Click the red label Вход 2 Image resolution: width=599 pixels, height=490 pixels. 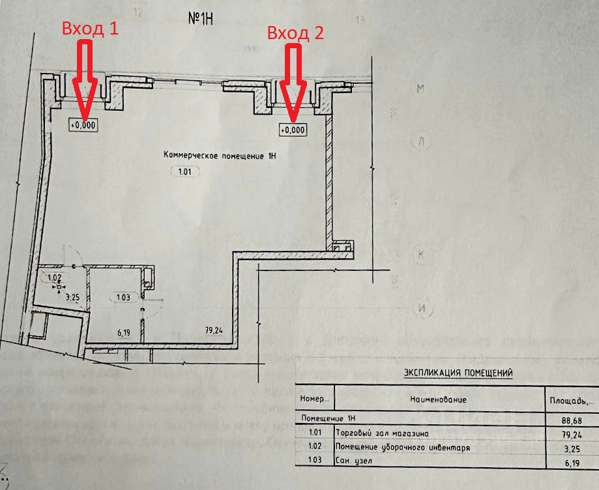point(296,33)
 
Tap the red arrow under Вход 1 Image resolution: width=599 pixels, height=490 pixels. point(85,81)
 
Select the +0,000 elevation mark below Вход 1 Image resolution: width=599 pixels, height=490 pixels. point(83,124)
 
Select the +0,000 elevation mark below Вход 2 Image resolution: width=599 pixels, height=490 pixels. point(293,130)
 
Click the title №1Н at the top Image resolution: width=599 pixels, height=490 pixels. point(201,18)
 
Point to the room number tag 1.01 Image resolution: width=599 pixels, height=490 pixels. point(183,173)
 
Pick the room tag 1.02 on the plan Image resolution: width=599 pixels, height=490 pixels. point(56,278)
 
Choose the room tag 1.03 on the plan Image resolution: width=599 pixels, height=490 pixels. point(123,297)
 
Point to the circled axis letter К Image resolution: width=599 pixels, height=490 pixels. point(421,255)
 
